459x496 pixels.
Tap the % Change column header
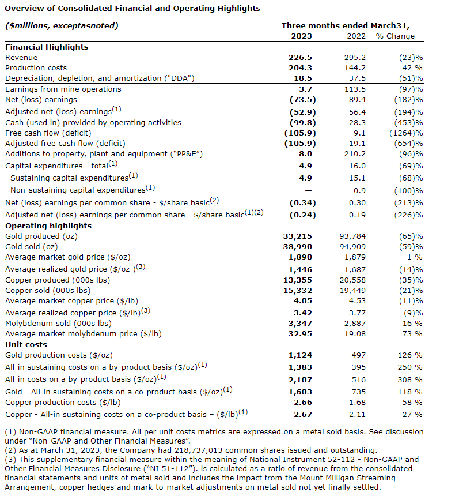[395, 36]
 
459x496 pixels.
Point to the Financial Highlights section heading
[47, 47]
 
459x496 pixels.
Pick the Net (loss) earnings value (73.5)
[300, 100]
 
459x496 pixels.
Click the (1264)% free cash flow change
[405, 132]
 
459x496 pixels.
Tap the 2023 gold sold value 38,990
[299, 246]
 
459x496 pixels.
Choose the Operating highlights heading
[48, 226]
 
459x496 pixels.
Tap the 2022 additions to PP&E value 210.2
[354, 153]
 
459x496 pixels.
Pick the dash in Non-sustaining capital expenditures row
[308, 190]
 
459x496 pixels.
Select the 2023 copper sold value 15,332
[299, 290]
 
